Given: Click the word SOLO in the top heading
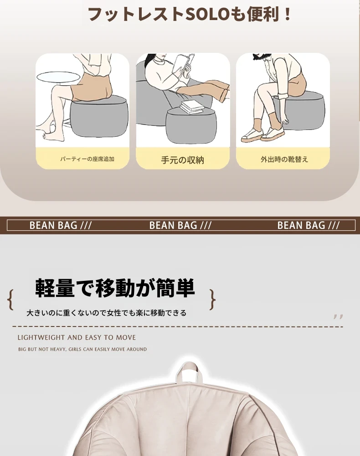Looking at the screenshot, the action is [206, 14].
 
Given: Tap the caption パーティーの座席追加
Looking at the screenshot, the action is [87, 159].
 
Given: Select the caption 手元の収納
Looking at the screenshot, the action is [182, 160].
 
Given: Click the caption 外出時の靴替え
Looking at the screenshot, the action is [284, 159].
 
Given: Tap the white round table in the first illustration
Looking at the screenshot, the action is [58, 77].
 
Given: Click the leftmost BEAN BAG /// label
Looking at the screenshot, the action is [61, 225].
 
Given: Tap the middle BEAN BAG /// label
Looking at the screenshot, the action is [180, 225].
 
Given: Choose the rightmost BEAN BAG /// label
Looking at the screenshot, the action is [309, 225].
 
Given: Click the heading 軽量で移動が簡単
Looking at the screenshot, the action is [115, 288].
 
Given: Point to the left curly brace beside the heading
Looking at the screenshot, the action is [10, 300].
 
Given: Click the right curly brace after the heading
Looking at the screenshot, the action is [213, 300].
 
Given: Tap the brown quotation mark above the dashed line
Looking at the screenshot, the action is [339, 317].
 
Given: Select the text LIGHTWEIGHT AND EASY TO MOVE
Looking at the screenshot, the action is [77, 337].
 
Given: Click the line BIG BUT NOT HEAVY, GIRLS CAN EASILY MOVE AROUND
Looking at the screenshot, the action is [82, 349].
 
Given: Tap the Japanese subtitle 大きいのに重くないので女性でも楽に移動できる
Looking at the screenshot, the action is [106, 313].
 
